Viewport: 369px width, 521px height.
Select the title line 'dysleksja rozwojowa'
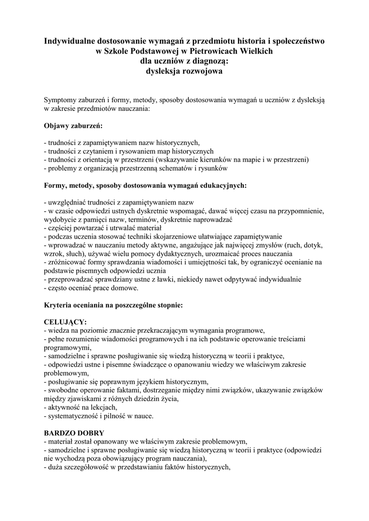coord(184,72)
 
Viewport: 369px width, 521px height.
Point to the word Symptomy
coord(60,100)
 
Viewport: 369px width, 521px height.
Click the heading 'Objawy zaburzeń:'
coord(73,125)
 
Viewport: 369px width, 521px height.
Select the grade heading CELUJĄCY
coord(65,322)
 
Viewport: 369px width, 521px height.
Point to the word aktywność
coord(62,407)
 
